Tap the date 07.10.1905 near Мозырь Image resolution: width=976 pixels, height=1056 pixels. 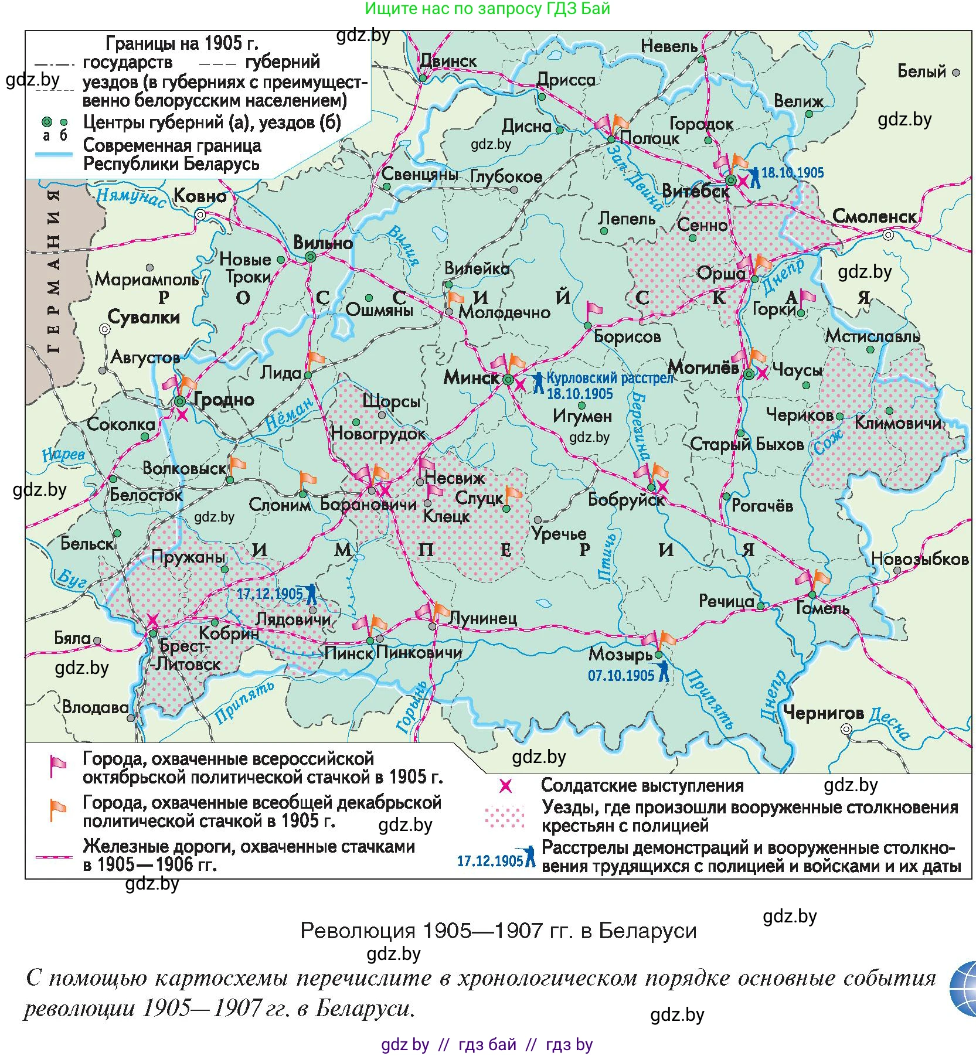coord(621,676)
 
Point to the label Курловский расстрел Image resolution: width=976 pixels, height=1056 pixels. coord(610,378)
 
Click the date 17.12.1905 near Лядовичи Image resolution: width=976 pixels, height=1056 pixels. coord(269,594)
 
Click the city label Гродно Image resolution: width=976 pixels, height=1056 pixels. coord(223,400)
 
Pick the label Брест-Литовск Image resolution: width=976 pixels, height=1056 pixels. coord(186,655)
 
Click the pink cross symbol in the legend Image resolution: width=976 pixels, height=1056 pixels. coord(505,786)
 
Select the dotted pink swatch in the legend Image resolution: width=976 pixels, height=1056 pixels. coord(505,816)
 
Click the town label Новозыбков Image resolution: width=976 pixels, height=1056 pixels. coord(919,559)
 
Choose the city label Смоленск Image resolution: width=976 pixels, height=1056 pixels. coord(873,216)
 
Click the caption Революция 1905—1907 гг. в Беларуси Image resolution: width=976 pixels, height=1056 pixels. coord(498,931)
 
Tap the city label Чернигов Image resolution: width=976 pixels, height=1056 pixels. coord(823,713)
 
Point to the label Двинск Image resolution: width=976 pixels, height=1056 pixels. coord(448,61)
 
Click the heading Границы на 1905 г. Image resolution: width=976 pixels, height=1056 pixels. coord(182,43)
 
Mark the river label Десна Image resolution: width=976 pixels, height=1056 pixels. coord(889,723)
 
